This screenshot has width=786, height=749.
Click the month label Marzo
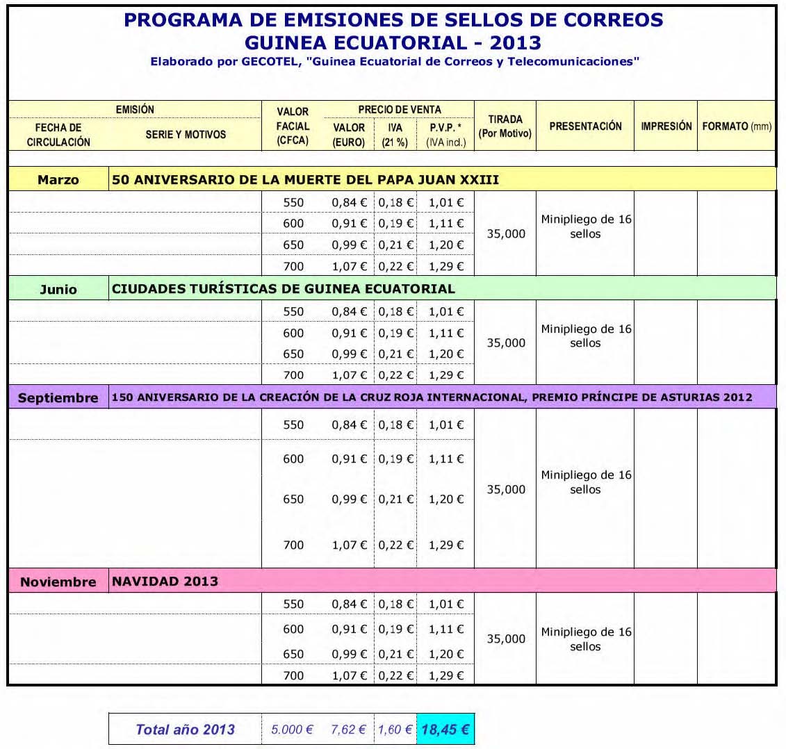[58, 180]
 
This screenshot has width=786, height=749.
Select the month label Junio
[58, 289]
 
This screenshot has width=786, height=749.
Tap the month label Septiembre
[58, 398]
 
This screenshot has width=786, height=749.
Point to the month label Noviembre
[58, 582]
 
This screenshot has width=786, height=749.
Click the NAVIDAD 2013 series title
[165, 582]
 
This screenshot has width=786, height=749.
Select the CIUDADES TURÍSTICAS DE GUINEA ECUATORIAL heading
[284, 288]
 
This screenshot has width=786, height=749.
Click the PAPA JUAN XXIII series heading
[306, 180]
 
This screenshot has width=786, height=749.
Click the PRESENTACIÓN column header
[585, 126]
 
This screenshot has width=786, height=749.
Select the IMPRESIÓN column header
[666, 126]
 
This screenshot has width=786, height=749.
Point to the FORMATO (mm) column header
[737, 126]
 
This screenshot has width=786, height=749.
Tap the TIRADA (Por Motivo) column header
[505, 126]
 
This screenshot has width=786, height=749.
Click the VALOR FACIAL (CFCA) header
[293, 126]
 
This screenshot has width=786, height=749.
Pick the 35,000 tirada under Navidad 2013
[506, 639]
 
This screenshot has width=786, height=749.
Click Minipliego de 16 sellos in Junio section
[586, 336]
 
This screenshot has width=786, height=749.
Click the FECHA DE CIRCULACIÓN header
[58, 135]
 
